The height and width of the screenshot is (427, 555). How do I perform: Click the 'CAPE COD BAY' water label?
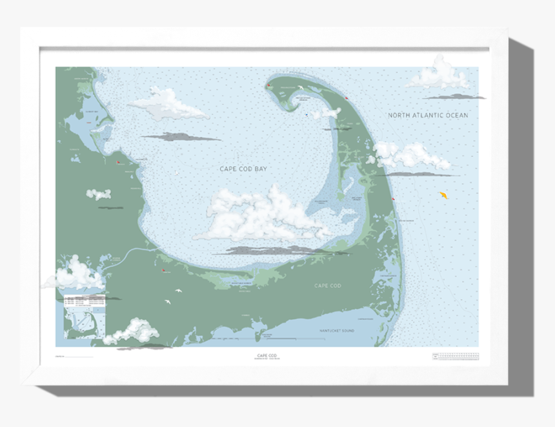[x=243, y=169]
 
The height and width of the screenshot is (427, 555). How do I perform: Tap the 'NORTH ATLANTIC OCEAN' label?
[x=428, y=116]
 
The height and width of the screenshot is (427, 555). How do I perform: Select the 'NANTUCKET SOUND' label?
[x=337, y=331]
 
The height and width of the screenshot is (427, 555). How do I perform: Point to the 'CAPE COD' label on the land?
[x=327, y=286]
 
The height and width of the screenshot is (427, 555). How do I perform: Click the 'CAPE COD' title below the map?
[x=267, y=355]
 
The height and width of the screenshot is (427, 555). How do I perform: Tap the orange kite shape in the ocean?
[x=443, y=194]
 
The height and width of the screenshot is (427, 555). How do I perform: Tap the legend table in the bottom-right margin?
[x=455, y=356]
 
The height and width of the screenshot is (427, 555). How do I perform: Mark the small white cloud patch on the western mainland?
[x=98, y=194]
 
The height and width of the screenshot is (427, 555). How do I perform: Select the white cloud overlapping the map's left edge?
[x=74, y=274]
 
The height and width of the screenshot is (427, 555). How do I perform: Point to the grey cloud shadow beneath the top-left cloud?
[x=179, y=137]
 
